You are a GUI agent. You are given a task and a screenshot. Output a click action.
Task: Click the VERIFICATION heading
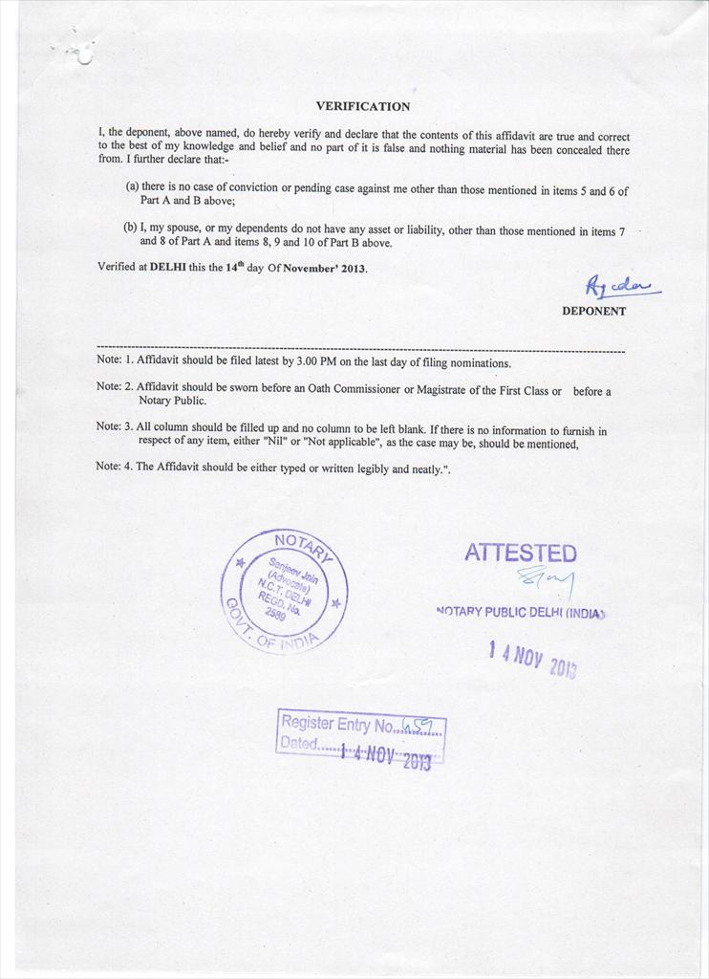(x=362, y=107)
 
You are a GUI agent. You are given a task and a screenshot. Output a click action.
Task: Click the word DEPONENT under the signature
(x=593, y=311)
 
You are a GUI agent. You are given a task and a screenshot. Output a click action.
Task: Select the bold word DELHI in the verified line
(x=168, y=268)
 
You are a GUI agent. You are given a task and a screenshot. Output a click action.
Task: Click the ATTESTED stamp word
(x=520, y=554)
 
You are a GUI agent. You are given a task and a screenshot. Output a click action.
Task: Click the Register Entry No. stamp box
(x=360, y=735)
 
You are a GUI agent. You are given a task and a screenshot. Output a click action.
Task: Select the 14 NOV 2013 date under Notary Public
(x=531, y=660)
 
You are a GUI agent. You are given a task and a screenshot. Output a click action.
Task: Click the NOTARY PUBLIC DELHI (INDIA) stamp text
(x=520, y=612)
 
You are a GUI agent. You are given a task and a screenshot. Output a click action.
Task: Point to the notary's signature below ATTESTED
(x=547, y=579)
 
